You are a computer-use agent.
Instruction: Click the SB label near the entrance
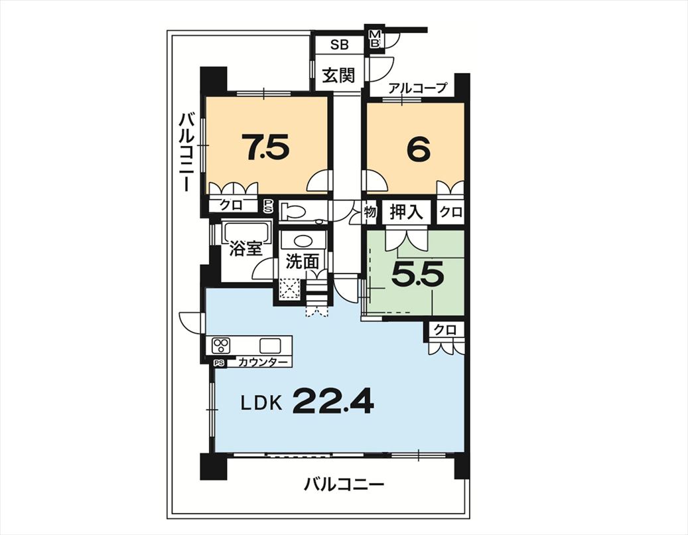coord(339,44)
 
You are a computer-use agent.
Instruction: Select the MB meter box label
coord(376,38)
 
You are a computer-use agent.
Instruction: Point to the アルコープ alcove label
coord(417,88)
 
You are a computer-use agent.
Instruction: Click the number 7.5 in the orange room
coord(267,147)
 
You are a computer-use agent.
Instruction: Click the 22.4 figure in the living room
coord(334,401)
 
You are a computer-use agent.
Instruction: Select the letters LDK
coord(261,402)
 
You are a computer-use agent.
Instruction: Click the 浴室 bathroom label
coord(246,249)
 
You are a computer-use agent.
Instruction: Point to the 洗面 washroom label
coord(302,262)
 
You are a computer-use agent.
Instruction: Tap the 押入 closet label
coord(406,212)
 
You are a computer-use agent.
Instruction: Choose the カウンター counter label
coord(263,362)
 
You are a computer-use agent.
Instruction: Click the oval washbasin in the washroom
coord(303,242)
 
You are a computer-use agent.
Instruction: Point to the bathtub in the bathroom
coord(246,232)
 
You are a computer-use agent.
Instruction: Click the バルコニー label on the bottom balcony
coord(344,485)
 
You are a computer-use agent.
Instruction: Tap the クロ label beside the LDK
coord(445,330)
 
